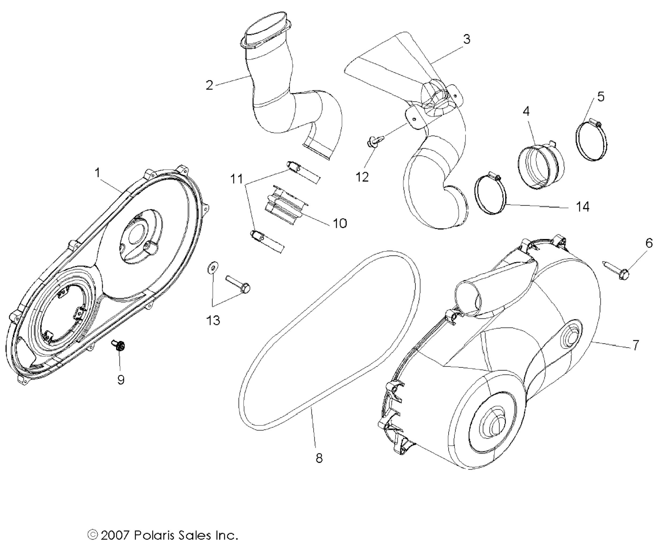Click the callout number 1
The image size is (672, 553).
click(97, 173)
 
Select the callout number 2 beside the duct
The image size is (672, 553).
click(209, 85)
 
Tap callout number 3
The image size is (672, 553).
click(466, 39)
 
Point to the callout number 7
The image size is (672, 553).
click(635, 345)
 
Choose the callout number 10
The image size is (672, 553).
click(340, 223)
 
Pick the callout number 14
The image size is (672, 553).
click(583, 207)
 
